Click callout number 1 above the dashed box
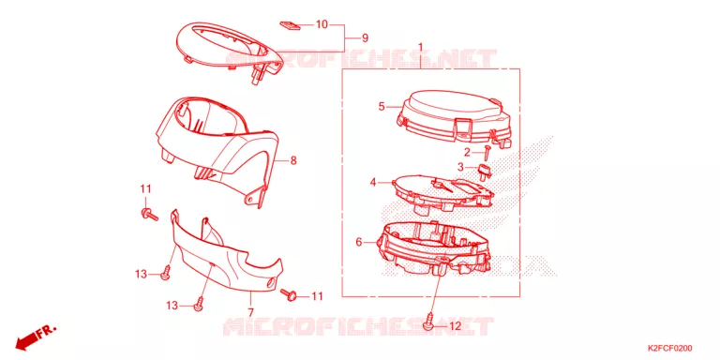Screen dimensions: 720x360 (420, 48)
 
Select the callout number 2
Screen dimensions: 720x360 (467, 152)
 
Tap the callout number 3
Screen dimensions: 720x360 (460, 167)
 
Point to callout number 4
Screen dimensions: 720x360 (373, 183)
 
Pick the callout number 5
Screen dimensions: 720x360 (382, 107)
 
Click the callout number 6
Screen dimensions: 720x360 (359, 241)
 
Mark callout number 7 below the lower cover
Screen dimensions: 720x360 (250, 312)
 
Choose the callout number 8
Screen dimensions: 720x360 (293, 160)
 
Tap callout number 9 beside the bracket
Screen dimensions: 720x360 (365, 37)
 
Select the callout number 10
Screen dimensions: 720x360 (322, 24)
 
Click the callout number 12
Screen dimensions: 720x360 (454, 326)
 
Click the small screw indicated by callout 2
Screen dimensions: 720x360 (487, 152)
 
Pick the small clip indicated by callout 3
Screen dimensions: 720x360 (483, 170)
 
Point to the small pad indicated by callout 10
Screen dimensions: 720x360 (291, 24)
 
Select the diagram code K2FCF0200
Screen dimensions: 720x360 (670, 349)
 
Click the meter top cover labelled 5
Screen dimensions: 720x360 (454, 117)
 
